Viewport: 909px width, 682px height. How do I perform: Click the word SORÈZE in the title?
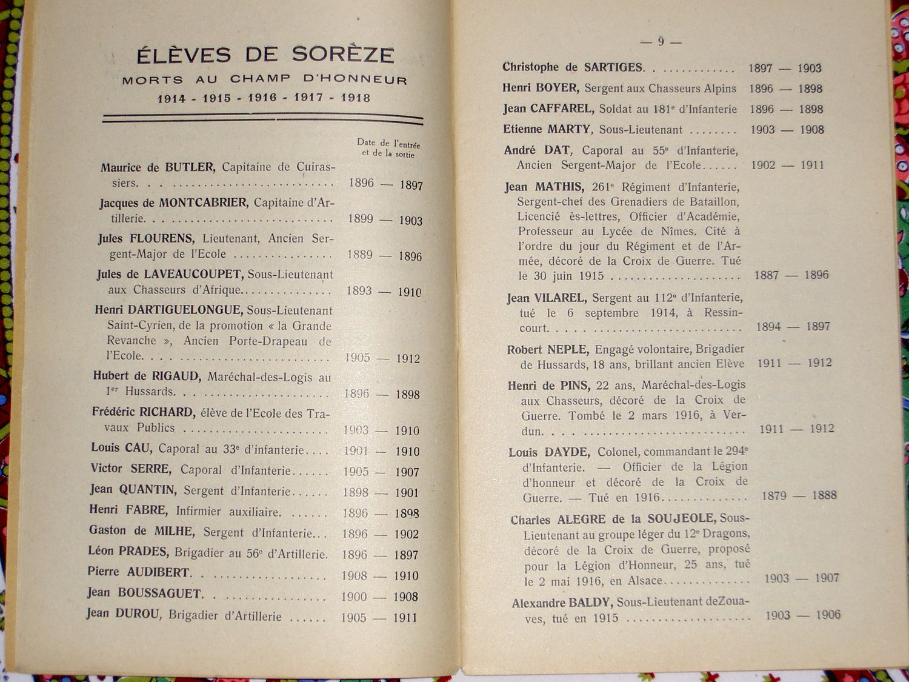coord(342,55)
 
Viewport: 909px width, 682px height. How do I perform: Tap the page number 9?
coord(661,41)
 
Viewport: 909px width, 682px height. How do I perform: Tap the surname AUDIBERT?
coord(158,572)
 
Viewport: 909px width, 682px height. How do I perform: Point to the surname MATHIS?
coord(559,187)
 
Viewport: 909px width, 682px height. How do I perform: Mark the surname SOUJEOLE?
coord(679,520)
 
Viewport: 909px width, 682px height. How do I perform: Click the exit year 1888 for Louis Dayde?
coord(824,495)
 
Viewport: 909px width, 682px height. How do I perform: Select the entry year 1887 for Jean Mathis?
coord(766,275)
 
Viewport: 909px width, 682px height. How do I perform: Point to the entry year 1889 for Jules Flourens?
coord(360,255)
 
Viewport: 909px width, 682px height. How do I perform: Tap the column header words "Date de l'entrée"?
coord(388,143)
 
